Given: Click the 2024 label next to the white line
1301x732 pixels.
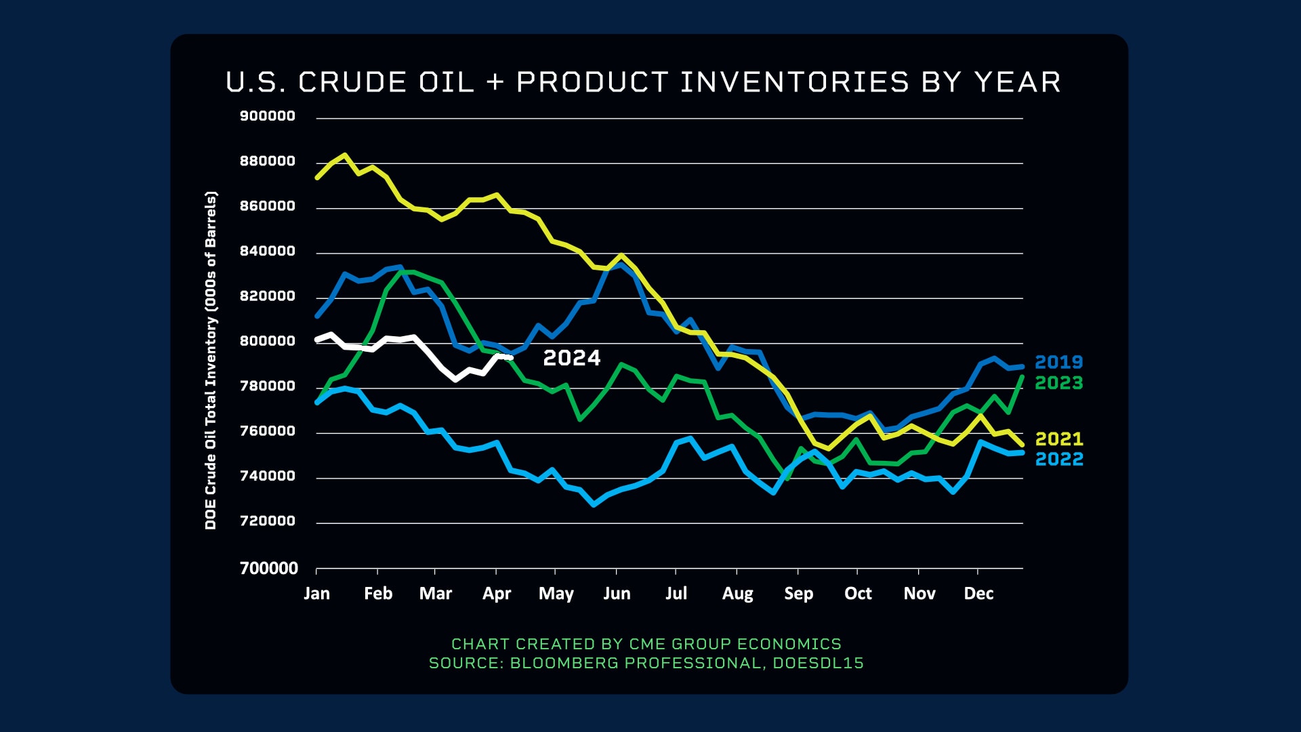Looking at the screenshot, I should pyautogui.click(x=571, y=358).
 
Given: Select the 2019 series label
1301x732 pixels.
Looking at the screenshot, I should pyautogui.click(x=1058, y=363).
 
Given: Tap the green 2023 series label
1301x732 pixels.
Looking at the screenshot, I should pyautogui.click(x=1058, y=383).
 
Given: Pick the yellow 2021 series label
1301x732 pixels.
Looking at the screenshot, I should pyautogui.click(x=1058, y=439).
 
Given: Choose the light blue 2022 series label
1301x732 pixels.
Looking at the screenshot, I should pyautogui.click(x=1058, y=460).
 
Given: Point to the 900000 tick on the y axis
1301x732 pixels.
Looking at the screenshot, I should pyautogui.click(x=268, y=116).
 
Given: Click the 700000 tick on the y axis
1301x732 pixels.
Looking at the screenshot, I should pyautogui.click(x=269, y=568).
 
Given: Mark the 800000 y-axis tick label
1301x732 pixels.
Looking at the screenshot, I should pyautogui.click(x=268, y=341).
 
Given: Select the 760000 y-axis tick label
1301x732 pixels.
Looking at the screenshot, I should pyautogui.click(x=268, y=431).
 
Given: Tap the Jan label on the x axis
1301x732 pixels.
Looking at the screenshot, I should pyautogui.click(x=316, y=594).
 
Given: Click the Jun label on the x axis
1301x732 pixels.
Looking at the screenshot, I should pyautogui.click(x=617, y=594).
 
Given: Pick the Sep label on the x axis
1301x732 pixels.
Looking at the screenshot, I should pyautogui.click(x=798, y=594).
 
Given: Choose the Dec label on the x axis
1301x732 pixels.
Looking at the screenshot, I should pyautogui.click(x=978, y=594).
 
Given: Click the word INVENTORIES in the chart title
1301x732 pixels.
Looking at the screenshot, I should pyautogui.click(x=794, y=83).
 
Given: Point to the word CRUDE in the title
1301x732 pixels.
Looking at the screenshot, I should pyautogui.click(x=352, y=83).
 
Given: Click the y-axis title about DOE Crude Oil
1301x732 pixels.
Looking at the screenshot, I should pyautogui.click(x=211, y=361).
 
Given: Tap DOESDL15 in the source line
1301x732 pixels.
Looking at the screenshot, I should pyautogui.click(x=818, y=663).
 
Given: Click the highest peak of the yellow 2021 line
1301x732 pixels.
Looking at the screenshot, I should pyautogui.click(x=345, y=155).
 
